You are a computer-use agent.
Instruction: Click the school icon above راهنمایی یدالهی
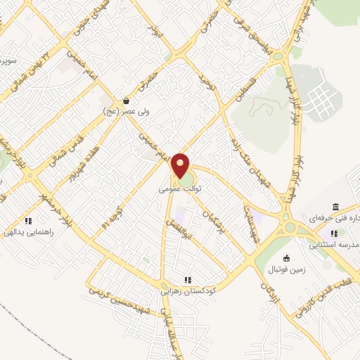click(x=27, y=219)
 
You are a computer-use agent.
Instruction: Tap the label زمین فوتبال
click(x=285, y=269)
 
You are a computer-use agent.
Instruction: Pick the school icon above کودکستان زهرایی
click(x=188, y=278)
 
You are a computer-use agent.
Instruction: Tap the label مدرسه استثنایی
click(x=335, y=244)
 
